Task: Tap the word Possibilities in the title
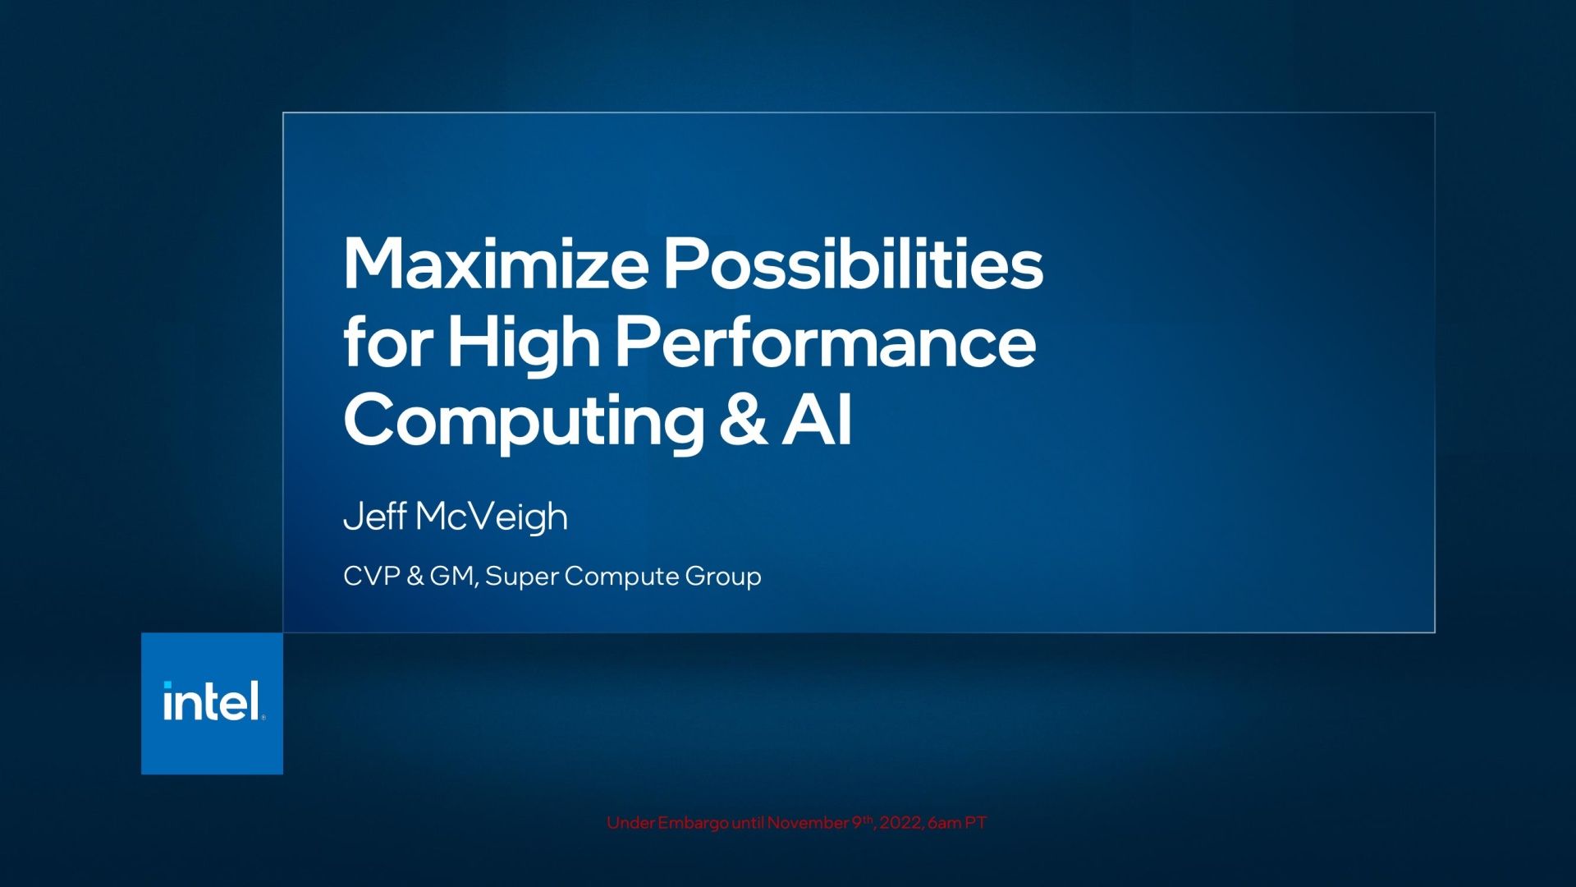click(854, 263)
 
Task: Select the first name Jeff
click(374, 516)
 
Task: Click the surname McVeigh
click(492, 517)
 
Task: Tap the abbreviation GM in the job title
click(452, 577)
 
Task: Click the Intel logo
click(212, 703)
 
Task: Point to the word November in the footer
click(808, 822)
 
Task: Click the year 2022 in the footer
click(900, 823)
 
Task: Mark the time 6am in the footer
click(945, 823)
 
